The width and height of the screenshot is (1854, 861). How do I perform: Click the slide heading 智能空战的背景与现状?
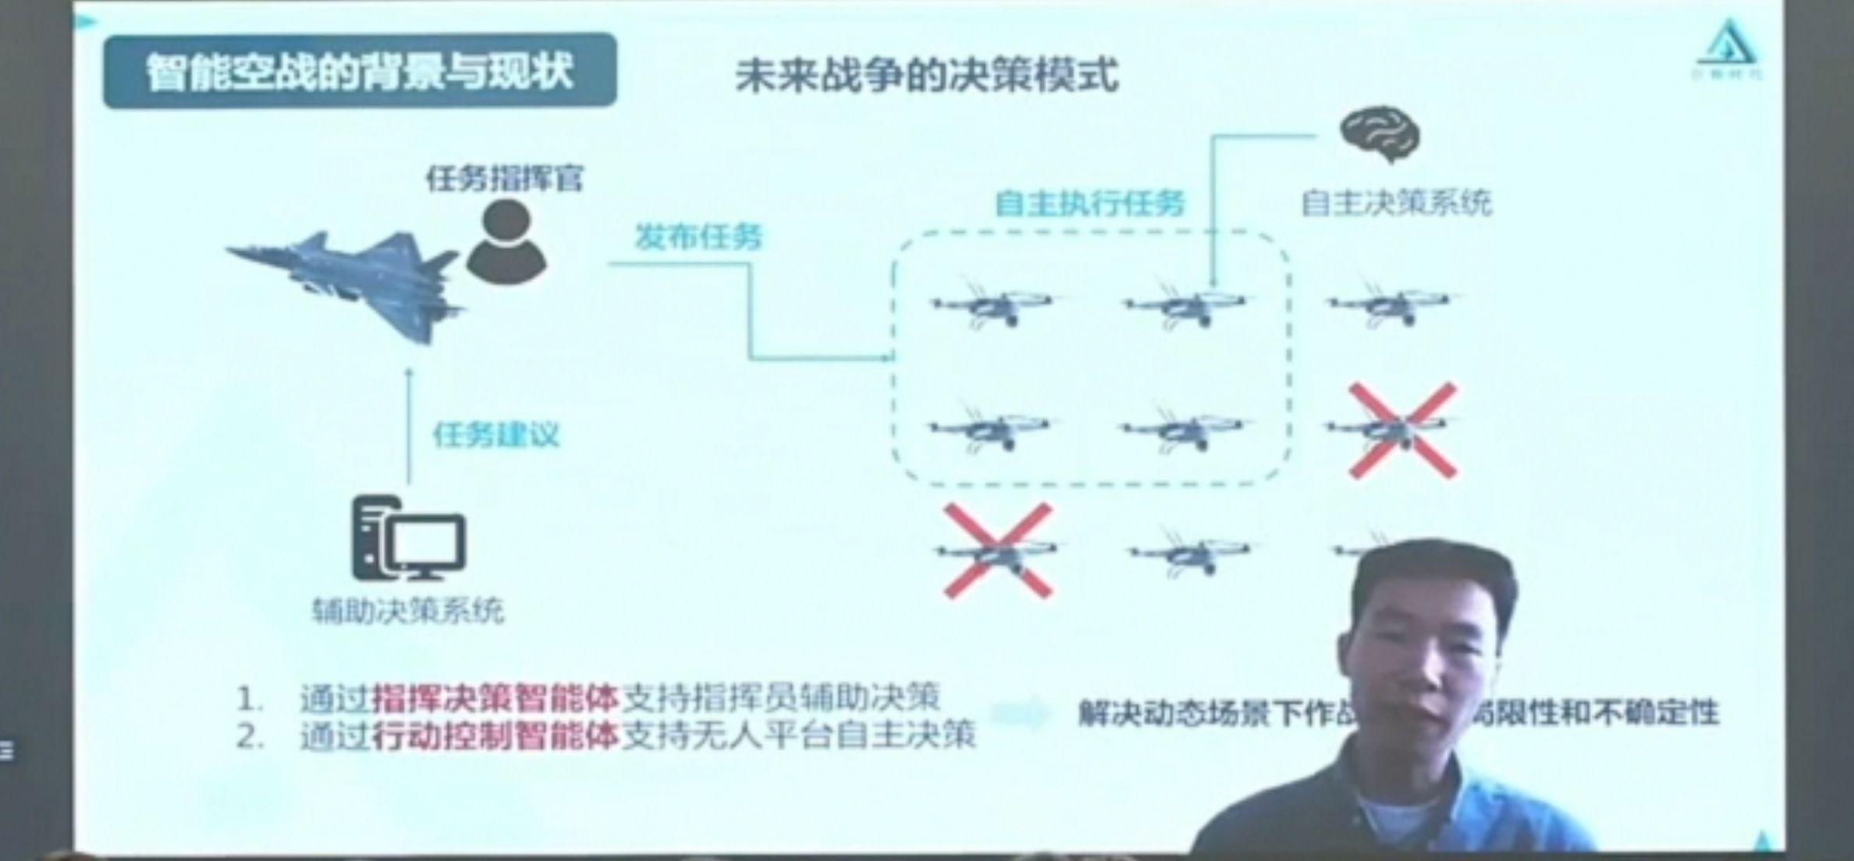tap(359, 72)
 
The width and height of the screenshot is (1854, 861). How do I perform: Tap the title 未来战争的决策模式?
tap(926, 76)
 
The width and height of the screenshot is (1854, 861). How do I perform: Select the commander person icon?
tap(506, 241)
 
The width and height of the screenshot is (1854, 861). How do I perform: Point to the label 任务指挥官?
tap(504, 179)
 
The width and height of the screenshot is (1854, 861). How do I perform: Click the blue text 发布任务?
tap(698, 236)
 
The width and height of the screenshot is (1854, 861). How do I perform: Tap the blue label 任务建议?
tap(496, 434)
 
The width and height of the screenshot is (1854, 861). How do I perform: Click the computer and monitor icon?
tap(408, 538)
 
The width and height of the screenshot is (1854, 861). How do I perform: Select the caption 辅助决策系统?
tap(407, 610)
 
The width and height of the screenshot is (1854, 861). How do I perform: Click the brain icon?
tap(1380, 135)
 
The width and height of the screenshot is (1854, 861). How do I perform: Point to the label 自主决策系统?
tap(1396, 203)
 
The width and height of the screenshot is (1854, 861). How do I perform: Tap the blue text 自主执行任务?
tap(1089, 204)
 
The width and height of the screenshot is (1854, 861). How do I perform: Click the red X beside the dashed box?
tap(1402, 430)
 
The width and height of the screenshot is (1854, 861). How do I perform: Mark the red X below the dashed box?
tap(998, 551)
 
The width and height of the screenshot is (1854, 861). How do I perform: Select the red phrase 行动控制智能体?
tap(495, 735)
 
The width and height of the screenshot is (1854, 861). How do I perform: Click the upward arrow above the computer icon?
tap(409, 425)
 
